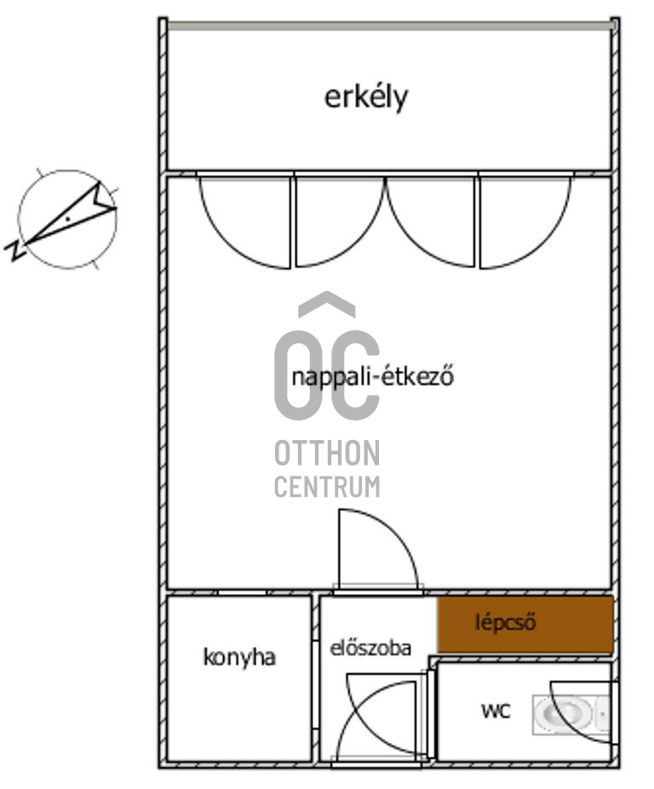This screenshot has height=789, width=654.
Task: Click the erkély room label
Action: coord(366,97)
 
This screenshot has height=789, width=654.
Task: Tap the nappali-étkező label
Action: coord(372,376)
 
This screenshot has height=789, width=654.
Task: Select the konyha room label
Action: coord(239,657)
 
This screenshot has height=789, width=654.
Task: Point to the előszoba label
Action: coord(370,648)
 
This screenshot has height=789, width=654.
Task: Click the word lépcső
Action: coord(506,622)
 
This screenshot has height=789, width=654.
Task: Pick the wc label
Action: coord(496,710)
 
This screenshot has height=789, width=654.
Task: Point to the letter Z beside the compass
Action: coord(14,249)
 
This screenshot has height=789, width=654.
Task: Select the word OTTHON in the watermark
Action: coord(327,455)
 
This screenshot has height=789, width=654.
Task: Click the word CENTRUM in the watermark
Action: coord(327,487)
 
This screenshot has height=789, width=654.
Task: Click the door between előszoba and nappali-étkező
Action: coord(375,549)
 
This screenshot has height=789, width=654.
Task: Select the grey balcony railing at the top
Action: coord(389,26)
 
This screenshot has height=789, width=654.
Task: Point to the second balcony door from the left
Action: coord(337,221)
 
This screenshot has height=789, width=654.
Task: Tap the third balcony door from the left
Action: coord(431,221)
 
